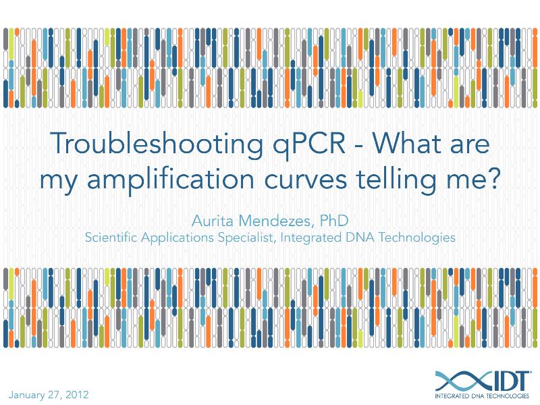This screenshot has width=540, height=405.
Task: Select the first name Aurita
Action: pyautogui.click(x=213, y=221)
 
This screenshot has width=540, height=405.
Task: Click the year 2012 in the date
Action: pyautogui.click(x=76, y=394)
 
